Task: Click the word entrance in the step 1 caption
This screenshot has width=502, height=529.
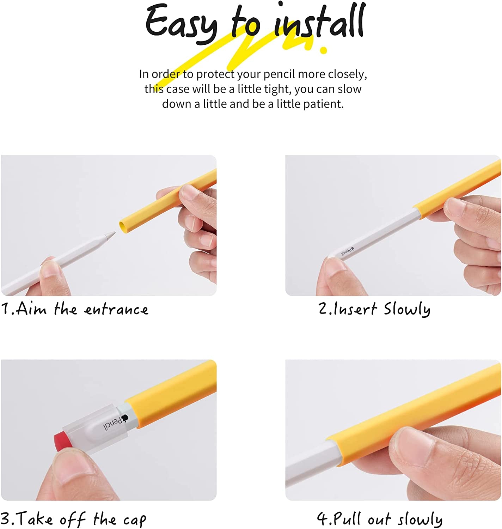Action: pyautogui.click(x=116, y=310)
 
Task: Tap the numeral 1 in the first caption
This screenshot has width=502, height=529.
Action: pyautogui.click(x=6, y=309)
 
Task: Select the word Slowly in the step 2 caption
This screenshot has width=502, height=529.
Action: pyautogui.click(x=407, y=310)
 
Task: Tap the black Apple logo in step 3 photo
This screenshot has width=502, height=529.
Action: pyautogui.click(x=124, y=418)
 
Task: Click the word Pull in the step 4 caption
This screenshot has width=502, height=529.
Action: pyautogui.click(x=347, y=518)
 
